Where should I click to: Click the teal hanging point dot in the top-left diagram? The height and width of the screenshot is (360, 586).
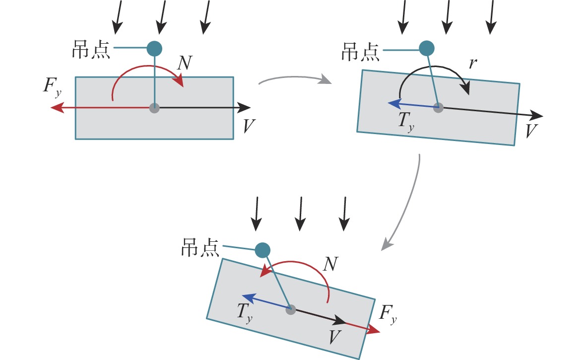click(155, 48)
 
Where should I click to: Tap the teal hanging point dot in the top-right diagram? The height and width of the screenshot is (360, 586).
click(427, 48)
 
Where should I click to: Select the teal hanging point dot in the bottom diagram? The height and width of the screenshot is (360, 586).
click(262, 250)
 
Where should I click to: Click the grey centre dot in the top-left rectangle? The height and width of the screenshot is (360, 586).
click(155, 107)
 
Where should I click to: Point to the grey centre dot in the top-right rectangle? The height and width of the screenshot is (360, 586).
click(438, 107)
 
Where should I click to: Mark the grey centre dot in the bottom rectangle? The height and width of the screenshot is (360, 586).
click(291, 309)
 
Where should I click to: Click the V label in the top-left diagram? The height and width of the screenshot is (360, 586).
click(249, 127)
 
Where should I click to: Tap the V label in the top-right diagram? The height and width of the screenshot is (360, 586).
click(531, 131)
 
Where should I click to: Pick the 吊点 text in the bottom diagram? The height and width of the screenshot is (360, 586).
click(200, 247)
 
